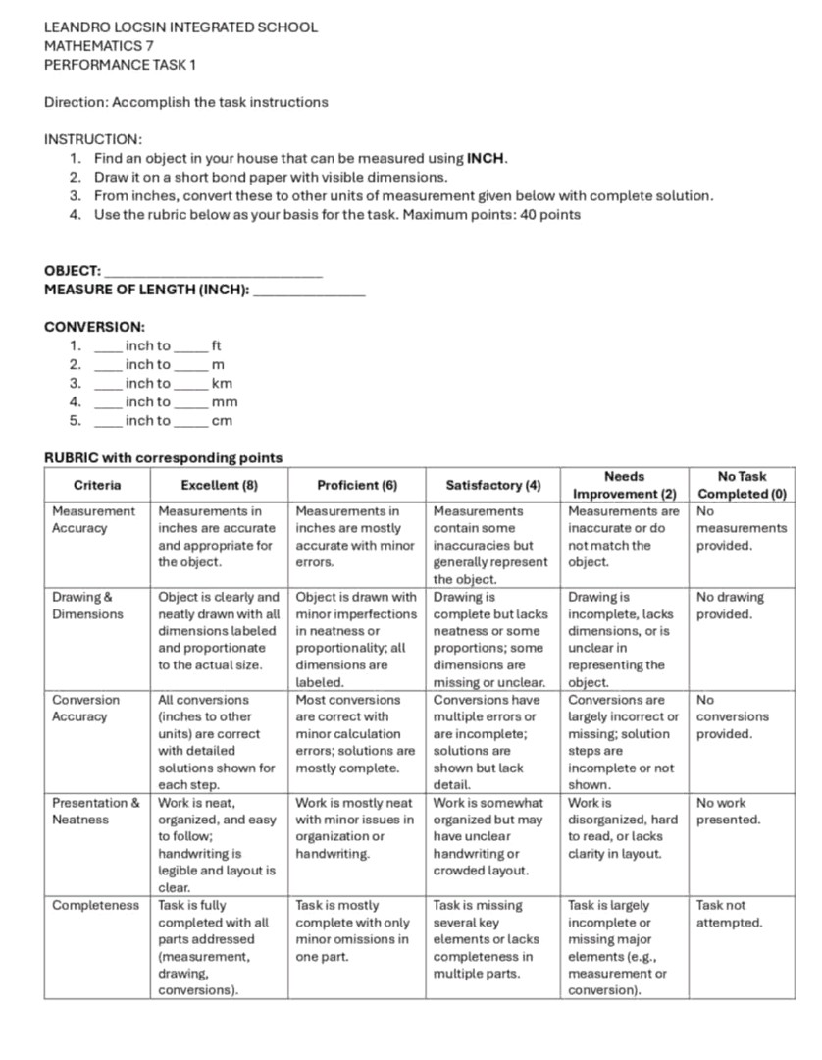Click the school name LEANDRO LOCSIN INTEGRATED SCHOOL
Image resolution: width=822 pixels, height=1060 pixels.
coord(180,27)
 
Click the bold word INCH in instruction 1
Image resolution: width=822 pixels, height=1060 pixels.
coord(487,158)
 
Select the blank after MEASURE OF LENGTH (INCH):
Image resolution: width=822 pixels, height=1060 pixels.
coord(309,290)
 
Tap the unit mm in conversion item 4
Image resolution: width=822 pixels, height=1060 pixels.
coord(225,402)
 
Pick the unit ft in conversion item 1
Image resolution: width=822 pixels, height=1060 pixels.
coord(217,346)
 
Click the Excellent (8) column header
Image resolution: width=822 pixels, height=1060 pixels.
coord(220,485)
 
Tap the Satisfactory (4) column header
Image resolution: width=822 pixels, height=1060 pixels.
coord(492,485)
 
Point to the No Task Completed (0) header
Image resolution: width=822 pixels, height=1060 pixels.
coord(742,485)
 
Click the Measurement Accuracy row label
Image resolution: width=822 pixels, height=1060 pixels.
coord(93,519)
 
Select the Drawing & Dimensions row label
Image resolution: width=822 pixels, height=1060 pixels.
coord(87,606)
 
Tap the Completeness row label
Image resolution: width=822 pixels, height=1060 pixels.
coord(95,905)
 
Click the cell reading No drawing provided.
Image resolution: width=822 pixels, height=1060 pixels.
coord(730,606)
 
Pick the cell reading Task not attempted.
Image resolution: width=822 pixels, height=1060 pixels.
coord(729,914)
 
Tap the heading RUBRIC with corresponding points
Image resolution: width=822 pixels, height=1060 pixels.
coord(163,458)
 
